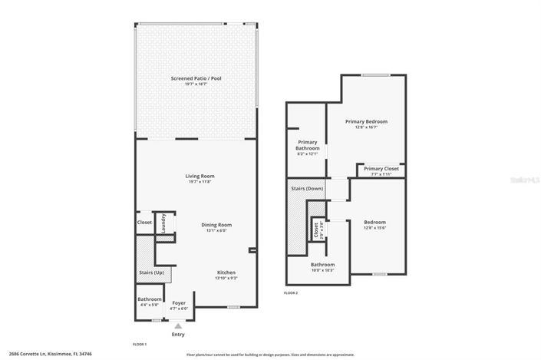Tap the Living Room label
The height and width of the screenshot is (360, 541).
(199, 177)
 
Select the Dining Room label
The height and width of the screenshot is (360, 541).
(216, 225)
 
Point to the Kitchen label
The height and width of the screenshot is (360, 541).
(226, 272)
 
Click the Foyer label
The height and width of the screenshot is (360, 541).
(178, 302)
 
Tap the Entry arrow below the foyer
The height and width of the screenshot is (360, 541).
(178, 326)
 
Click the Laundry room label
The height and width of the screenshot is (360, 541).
(163, 223)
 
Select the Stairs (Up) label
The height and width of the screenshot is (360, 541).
(151, 272)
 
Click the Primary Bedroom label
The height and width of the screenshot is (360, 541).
(366, 121)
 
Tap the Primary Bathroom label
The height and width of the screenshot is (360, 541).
(307, 145)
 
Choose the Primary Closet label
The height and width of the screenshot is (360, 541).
(381, 169)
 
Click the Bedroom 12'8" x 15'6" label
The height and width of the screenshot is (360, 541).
(374, 223)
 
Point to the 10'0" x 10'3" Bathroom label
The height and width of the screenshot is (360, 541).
(322, 266)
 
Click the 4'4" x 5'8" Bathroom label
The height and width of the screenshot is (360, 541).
(150, 299)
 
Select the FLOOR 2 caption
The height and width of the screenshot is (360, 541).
(291, 293)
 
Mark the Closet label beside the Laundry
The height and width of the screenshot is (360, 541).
(144, 223)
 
